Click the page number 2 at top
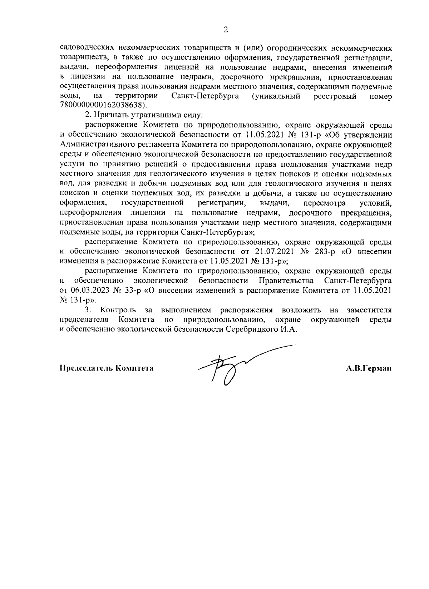tap(226, 30)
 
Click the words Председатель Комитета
tap(107, 368)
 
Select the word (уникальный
tap(276, 96)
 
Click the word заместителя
tap(369, 310)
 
